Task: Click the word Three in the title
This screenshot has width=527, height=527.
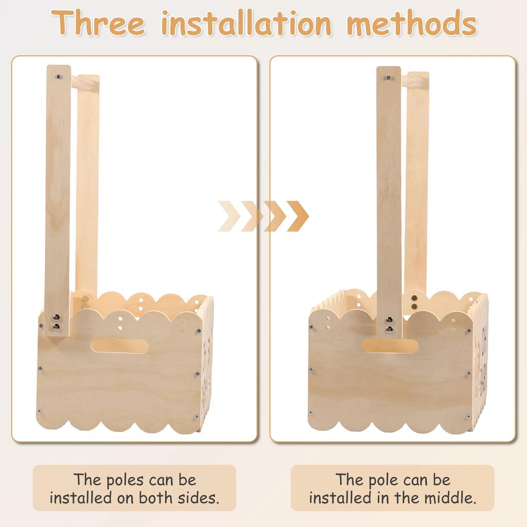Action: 98,23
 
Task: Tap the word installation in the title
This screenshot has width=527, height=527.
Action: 247,23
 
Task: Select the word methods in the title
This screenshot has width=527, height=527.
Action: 412,23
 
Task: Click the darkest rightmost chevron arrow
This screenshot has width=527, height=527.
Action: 297,216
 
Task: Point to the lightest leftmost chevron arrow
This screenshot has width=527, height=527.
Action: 229,216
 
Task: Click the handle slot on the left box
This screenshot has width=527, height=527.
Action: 119,345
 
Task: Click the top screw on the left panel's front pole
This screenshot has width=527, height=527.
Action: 59,77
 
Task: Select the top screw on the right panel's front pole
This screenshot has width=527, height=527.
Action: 389,78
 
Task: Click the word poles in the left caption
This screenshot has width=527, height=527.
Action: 125,480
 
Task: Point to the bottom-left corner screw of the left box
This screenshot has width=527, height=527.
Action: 39,410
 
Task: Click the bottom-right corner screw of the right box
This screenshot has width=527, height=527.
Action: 468,417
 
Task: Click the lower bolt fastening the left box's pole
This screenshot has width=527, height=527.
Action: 57,326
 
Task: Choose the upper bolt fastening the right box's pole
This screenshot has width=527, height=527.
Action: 389,320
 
